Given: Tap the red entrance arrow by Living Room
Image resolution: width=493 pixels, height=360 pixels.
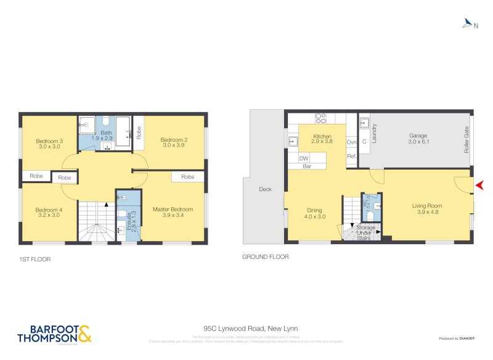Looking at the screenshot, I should coord(479,185).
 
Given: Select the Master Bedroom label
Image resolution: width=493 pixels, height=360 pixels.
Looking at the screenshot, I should coord(173,210).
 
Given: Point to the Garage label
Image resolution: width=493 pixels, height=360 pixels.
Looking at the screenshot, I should coord(418,136).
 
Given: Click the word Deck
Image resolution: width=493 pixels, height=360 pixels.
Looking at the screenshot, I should coord(265,189).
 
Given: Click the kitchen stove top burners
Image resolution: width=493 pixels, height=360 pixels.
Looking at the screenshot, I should coord(321,118).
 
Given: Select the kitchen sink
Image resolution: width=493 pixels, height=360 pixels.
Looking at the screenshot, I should coord(293,142).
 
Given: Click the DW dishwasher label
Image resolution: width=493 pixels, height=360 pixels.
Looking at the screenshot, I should coord(303,158).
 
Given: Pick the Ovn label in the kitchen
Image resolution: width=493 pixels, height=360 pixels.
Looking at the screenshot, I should coord(352,142).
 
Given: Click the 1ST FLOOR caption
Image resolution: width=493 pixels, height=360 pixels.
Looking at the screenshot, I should coord(35,260).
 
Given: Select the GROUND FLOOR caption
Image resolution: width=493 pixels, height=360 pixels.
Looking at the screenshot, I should coord(265,257).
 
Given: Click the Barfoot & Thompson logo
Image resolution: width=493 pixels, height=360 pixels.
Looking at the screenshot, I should coord(55,333).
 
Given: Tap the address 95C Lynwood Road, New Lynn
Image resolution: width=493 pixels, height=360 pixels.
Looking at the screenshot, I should coord(246,329).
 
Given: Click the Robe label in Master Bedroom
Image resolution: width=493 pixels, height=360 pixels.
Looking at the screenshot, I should coord(188,177).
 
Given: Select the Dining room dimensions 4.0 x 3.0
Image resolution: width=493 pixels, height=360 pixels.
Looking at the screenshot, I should coord(314,217).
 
